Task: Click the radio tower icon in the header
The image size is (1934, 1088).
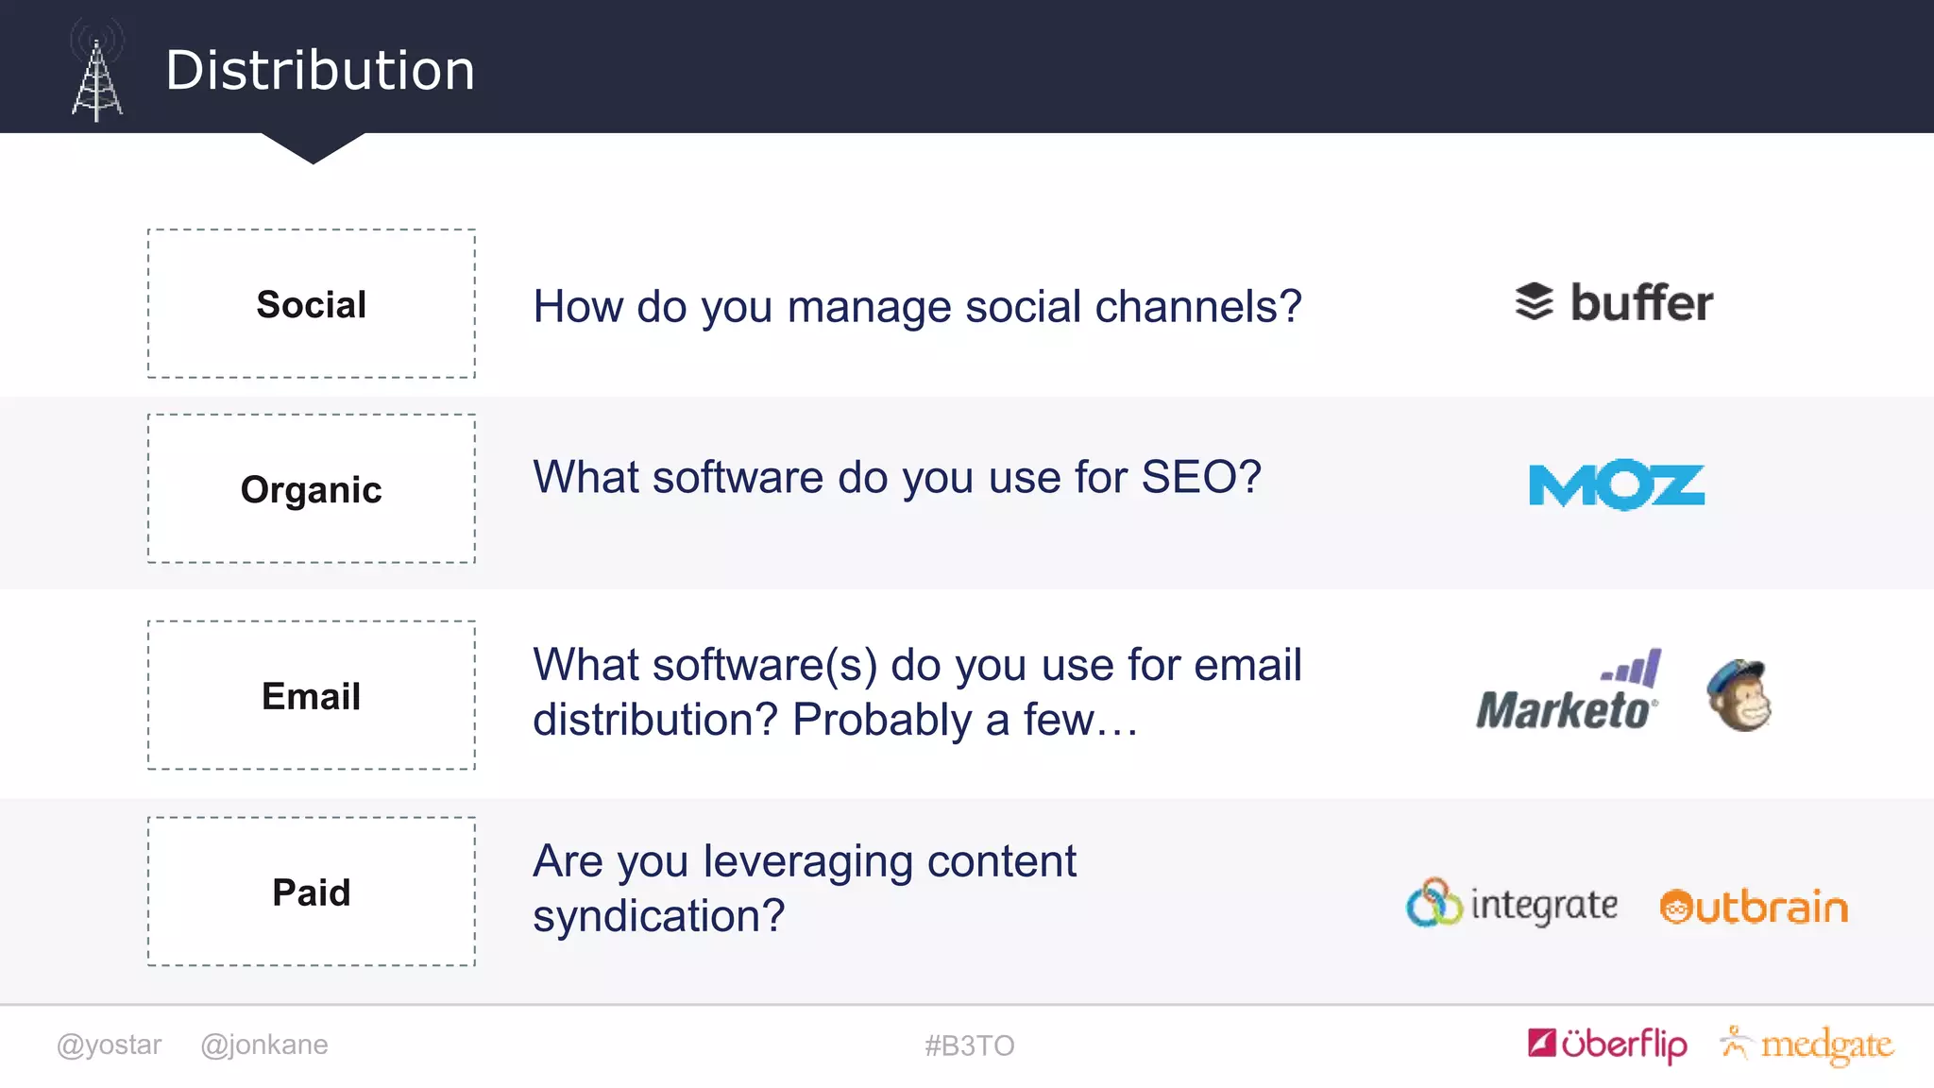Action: (x=96, y=74)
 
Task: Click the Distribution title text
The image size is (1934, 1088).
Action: (x=320, y=71)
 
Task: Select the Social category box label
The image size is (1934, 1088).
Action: (x=311, y=305)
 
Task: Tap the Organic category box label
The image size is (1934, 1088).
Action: (x=311, y=490)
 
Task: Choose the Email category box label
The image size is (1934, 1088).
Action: (x=311, y=697)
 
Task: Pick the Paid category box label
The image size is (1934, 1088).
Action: (x=311, y=892)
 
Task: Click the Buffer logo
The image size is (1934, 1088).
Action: (x=1614, y=303)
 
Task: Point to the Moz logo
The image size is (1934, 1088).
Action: (x=1616, y=485)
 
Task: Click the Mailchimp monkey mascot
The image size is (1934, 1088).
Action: (x=1739, y=696)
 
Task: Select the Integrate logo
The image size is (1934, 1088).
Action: (x=1511, y=905)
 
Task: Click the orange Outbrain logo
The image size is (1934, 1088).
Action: (x=1753, y=908)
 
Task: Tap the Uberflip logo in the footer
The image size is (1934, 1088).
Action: (x=1607, y=1045)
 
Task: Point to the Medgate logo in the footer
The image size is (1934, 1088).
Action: (x=1807, y=1045)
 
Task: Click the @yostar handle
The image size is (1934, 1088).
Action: (x=110, y=1045)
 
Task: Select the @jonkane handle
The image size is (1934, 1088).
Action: (x=264, y=1045)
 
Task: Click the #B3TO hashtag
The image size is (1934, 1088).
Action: (x=969, y=1045)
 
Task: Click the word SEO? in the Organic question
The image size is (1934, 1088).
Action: (x=1200, y=477)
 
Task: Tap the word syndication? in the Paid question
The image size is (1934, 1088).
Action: (x=658, y=916)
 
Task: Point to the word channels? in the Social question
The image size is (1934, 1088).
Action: (x=1197, y=307)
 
